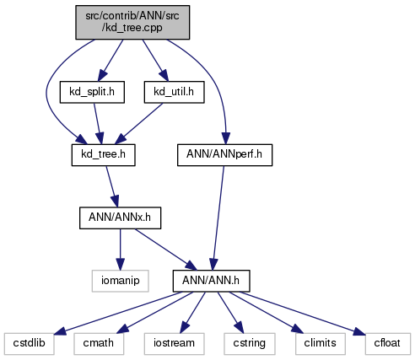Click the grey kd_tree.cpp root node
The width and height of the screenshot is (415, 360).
132,22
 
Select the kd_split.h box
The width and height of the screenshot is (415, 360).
92,92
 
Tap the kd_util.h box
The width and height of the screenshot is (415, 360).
174,92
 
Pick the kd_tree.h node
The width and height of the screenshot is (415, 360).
103,155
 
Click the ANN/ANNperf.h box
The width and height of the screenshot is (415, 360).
224,155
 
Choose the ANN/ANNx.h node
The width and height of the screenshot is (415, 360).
120,218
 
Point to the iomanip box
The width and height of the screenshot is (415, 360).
120,281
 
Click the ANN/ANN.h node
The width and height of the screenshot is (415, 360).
211,281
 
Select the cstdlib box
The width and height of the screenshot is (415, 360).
29,344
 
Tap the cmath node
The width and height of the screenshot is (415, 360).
99,344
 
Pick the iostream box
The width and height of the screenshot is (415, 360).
174,344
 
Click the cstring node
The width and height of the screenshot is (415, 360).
250,344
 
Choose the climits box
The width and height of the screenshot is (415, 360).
321,344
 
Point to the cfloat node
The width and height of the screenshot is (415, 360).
387,344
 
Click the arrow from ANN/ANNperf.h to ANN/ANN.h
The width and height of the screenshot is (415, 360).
218,218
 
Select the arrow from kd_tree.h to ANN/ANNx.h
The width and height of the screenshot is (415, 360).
112,186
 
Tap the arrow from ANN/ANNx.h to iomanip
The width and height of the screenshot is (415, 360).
120,250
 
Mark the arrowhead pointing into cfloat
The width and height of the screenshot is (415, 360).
359,331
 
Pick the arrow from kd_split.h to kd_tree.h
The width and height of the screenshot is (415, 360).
98,124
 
